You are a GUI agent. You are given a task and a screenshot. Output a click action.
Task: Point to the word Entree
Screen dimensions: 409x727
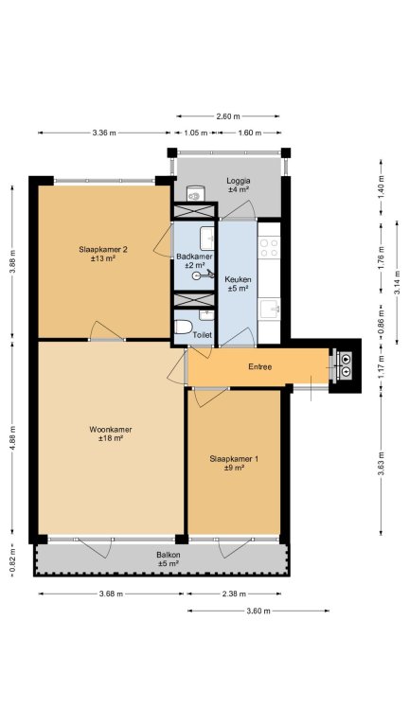pyautogui.click(x=259, y=366)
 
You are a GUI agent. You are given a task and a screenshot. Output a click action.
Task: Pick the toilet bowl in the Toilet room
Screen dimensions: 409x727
pyautogui.click(x=184, y=327)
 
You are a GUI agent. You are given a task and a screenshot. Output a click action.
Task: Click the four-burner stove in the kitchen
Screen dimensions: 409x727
pyautogui.click(x=269, y=247)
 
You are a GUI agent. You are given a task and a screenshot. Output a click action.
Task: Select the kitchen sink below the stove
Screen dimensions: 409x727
pyautogui.click(x=269, y=309)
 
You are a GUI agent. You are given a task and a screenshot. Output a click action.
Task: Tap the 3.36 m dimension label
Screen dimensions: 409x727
pyautogui.click(x=104, y=133)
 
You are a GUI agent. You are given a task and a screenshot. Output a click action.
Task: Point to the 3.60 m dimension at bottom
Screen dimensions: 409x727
pyautogui.click(x=258, y=611)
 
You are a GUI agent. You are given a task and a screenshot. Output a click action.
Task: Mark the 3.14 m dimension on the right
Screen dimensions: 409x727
pyautogui.click(x=397, y=282)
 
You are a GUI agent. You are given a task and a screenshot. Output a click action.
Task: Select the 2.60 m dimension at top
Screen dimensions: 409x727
pyautogui.click(x=228, y=115)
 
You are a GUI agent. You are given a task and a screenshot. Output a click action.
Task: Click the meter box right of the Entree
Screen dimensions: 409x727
pyautogui.click(x=345, y=363)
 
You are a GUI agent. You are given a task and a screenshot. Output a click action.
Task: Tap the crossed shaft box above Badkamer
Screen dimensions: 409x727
pyautogui.click(x=195, y=211)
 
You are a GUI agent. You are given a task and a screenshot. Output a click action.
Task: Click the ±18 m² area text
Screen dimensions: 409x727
pyautogui.click(x=111, y=437)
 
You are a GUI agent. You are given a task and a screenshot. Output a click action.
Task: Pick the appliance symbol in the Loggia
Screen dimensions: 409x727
pyautogui.click(x=196, y=194)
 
